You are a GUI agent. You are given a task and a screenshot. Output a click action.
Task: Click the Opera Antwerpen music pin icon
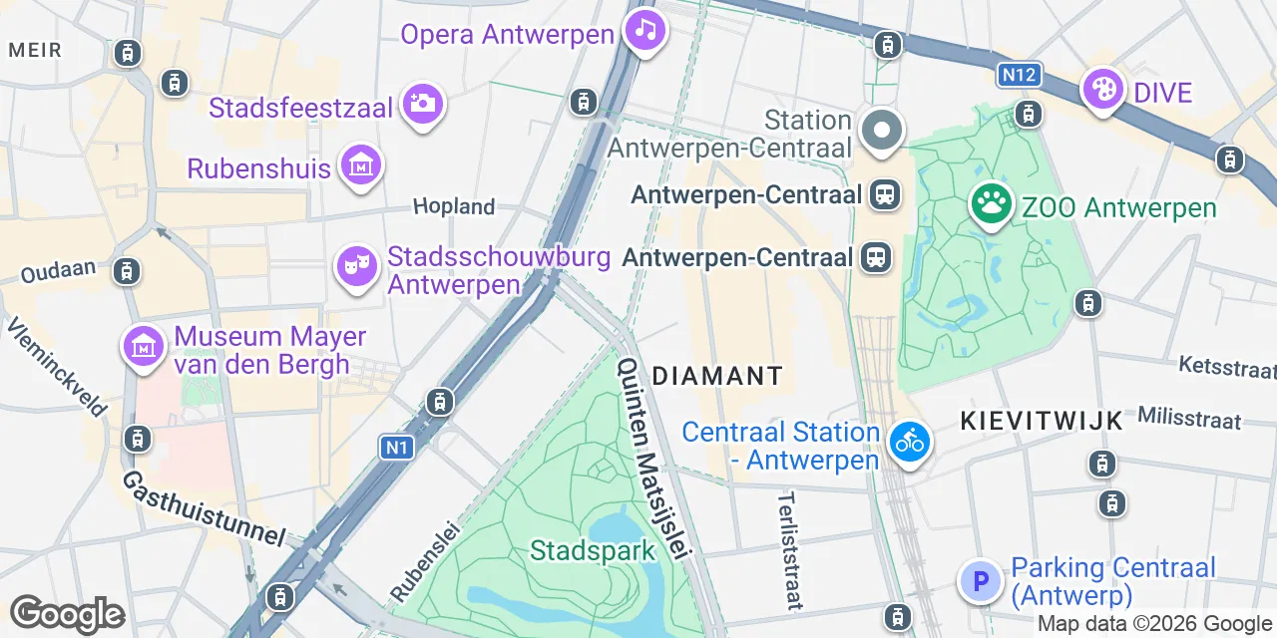[x=645, y=30]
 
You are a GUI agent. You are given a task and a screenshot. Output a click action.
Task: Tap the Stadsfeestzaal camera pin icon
[x=422, y=103]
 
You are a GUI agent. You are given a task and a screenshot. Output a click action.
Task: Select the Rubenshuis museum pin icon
[x=360, y=165]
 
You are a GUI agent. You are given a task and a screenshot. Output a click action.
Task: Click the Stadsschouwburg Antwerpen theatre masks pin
[x=356, y=265]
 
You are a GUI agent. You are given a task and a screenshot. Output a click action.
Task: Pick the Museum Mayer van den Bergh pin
[x=144, y=347]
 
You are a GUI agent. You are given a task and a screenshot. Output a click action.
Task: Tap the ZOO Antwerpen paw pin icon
[x=991, y=204]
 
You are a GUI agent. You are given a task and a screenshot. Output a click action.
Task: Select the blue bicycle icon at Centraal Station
[x=909, y=441]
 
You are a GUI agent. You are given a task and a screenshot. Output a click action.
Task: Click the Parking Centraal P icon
[x=980, y=580]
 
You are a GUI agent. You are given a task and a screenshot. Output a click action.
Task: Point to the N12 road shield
[x=1019, y=74]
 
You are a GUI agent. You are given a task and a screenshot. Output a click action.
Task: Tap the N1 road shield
[x=396, y=448]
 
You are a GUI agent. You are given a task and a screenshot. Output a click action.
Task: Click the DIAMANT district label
[x=717, y=376]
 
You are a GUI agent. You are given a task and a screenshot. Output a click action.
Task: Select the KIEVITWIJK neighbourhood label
[x=1042, y=420]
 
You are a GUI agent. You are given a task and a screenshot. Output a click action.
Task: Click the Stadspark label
[x=593, y=550]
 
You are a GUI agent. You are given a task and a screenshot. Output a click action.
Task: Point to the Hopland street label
[x=454, y=206]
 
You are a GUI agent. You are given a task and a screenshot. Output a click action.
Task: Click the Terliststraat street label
[x=789, y=549]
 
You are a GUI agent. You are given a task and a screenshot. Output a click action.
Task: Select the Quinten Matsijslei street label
[x=653, y=458]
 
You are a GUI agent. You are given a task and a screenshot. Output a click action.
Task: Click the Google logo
[x=67, y=614]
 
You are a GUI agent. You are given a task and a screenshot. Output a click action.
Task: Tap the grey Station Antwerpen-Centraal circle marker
[x=882, y=132]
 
